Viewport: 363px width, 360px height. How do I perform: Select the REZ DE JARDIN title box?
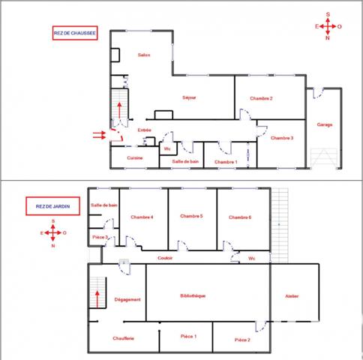[x=47, y=208]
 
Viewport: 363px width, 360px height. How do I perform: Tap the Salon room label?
[x=144, y=55]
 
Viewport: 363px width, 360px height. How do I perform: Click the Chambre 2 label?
[x=261, y=98]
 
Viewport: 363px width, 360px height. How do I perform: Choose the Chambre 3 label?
[x=282, y=138]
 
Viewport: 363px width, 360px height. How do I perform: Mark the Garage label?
[x=325, y=124]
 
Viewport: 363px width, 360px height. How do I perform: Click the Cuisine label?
[x=135, y=157]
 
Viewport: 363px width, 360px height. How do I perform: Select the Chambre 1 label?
[x=226, y=162]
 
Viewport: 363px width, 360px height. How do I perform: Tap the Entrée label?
[x=145, y=130]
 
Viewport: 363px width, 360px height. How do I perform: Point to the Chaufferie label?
[x=124, y=339]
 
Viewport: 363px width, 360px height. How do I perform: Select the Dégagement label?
[x=127, y=299]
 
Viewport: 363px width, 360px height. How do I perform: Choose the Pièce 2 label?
[x=241, y=340]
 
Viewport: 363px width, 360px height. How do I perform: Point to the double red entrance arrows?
[x=98, y=135]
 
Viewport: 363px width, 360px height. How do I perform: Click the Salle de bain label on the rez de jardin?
[x=104, y=205]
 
